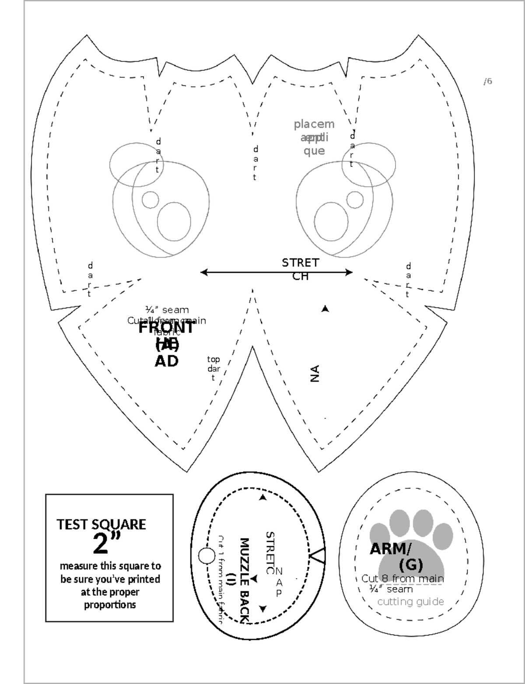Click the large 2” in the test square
[x=106, y=543]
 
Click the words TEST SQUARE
[x=101, y=524]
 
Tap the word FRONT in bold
[x=166, y=328]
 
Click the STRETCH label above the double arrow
[x=301, y=269]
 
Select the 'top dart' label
[x=213, y=368]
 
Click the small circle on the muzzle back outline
[x=206, y=556]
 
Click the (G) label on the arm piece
[x=411, y=565]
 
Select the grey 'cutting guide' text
[x=410, y=602]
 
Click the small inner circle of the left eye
[x=150, y=199]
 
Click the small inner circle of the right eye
[x=355, y=200]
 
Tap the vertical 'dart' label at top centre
[x=255, y=163]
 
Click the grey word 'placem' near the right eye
[x=314, y=124]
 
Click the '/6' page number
[x=488, y=81]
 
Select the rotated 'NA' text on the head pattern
[x=315, y=373]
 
